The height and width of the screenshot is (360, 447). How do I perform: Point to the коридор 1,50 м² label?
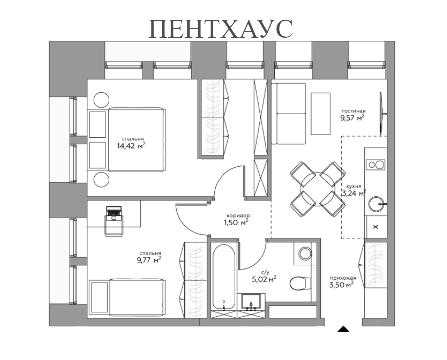click(x=236, y=219)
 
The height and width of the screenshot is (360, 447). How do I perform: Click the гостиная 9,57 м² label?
click(x=353, y=114)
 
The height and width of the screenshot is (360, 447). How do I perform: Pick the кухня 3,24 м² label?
click(x=354, y=189)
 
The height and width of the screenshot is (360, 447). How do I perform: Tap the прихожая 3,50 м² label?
click(x=342, y=282)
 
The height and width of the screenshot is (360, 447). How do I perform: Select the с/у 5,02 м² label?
click(x=264, y=276)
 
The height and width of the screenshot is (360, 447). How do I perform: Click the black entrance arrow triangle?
click(x=343, y=329)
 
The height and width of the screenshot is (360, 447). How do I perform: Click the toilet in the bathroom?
click(x=299, y=282)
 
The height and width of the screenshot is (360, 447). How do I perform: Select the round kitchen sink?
click(x=376, y=204)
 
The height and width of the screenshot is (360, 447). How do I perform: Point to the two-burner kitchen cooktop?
click(x=376, y=165)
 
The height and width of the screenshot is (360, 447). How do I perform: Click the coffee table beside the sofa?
click(x=320, y=113)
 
